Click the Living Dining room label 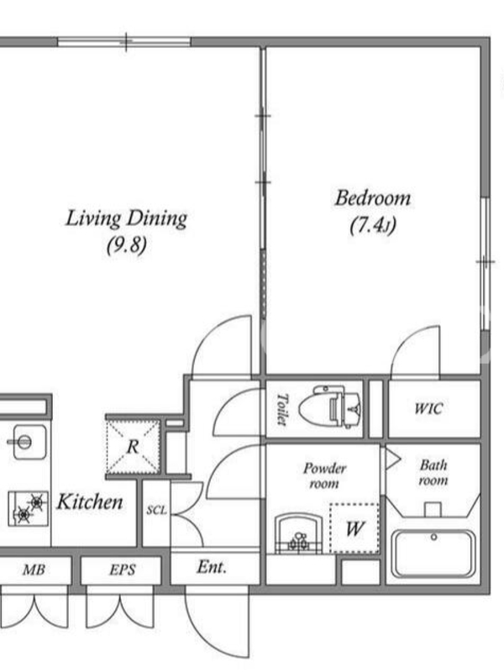127,218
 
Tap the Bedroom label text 373,197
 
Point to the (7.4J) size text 372,225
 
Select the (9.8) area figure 127,245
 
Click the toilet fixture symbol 330,408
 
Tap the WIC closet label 428,408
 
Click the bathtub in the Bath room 433,554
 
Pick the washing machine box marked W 354,528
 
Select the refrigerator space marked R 133,446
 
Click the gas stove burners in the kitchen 29,508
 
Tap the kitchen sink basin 29,442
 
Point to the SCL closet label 156,510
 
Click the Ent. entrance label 212,567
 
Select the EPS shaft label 122,570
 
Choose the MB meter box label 34,570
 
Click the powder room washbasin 299,533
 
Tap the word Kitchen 90,501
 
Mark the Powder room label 324,475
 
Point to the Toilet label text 281,410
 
